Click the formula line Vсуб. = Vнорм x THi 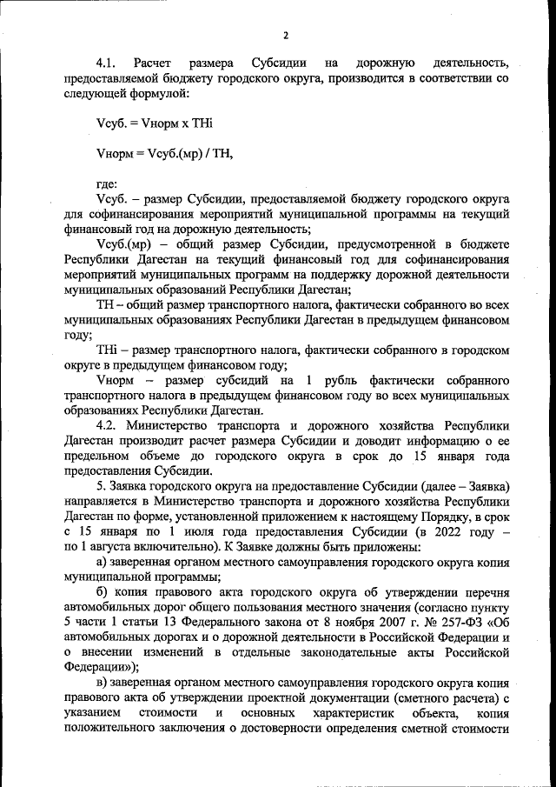point(154,124)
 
